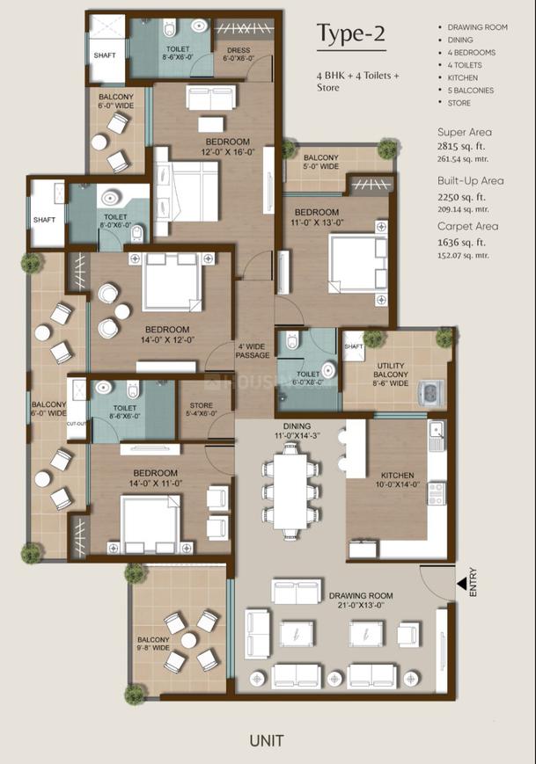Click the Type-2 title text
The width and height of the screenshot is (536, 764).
tap(350, 34)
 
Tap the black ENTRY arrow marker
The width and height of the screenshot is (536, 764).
tap(461, 584)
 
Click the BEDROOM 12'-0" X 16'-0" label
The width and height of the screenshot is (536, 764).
tap(228, 147)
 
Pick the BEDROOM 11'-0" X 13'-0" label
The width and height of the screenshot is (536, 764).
tap(317, 218)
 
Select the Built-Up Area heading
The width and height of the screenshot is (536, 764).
tap(470, 180)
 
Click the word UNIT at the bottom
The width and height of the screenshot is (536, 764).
tap(265, 740)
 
